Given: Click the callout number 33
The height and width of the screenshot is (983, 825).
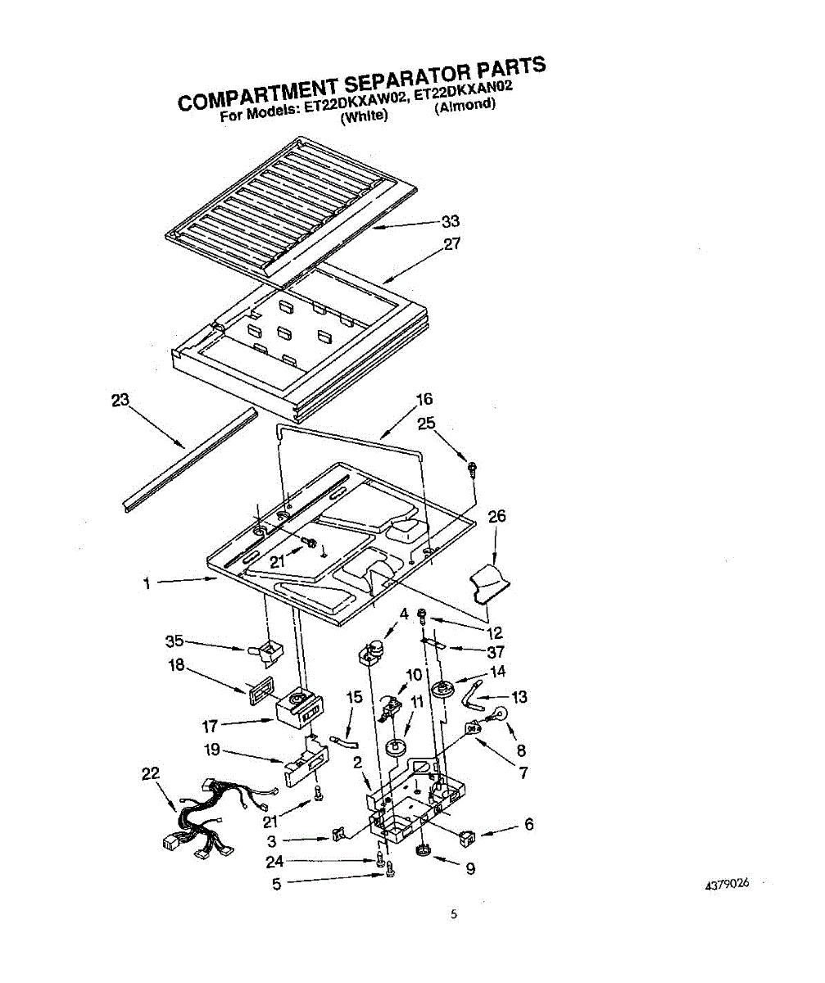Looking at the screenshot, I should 450,221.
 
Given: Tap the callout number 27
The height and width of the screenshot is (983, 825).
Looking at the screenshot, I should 451,243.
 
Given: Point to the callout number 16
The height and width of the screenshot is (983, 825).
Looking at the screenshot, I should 424,400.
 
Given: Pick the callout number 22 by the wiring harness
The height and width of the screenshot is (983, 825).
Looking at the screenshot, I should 151,773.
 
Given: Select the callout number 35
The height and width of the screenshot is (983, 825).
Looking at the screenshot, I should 174,641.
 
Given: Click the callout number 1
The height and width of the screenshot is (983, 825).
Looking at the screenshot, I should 147,583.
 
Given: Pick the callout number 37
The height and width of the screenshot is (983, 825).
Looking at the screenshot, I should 495,652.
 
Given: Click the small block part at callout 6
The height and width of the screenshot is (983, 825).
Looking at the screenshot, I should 468,837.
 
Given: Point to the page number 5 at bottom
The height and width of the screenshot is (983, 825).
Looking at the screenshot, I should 452,915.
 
